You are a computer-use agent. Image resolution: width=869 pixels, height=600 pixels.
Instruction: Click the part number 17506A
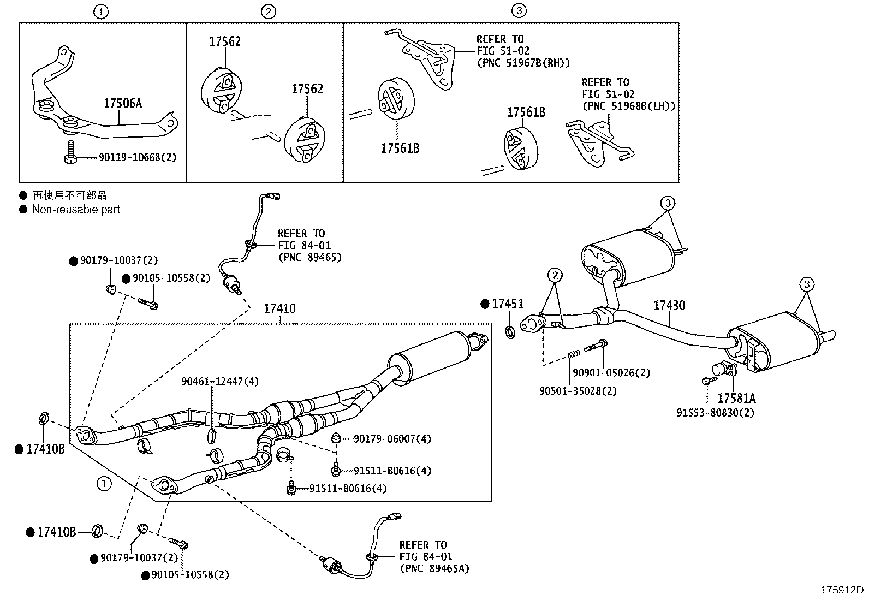[x=123, y=104]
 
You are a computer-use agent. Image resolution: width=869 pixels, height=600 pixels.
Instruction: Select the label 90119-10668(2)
[x=138, y=157]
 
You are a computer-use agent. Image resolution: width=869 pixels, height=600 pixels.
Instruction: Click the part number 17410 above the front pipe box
[x=279, y=309]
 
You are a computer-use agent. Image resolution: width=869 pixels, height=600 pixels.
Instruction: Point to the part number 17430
[x=669, y=306]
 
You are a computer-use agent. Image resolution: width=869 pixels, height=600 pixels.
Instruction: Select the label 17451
[x=507, y=304]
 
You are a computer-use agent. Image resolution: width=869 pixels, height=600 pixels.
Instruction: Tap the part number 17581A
[x=736, y=398]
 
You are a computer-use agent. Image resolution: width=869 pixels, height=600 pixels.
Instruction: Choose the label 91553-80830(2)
[x=716, y=413]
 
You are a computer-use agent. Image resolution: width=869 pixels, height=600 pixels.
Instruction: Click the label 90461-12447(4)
[x=219, y=382]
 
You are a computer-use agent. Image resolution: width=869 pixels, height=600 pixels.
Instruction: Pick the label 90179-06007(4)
[x=392, y=438]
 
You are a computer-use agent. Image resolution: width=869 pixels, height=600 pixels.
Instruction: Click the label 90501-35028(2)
[x=578, y=391]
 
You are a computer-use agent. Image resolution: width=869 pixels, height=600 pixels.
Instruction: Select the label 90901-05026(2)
[x=611, y=373]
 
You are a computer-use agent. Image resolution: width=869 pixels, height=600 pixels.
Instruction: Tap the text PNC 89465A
[x=434, y=568]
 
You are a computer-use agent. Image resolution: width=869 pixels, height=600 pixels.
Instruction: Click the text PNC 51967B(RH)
[x=523, y=62]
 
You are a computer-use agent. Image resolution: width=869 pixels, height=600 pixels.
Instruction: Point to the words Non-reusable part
[x=76, y=210]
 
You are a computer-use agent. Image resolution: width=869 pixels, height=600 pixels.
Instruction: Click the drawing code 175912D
[x=843, y=590]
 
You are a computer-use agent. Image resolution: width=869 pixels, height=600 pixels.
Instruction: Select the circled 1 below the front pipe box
[x=104, y=484]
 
